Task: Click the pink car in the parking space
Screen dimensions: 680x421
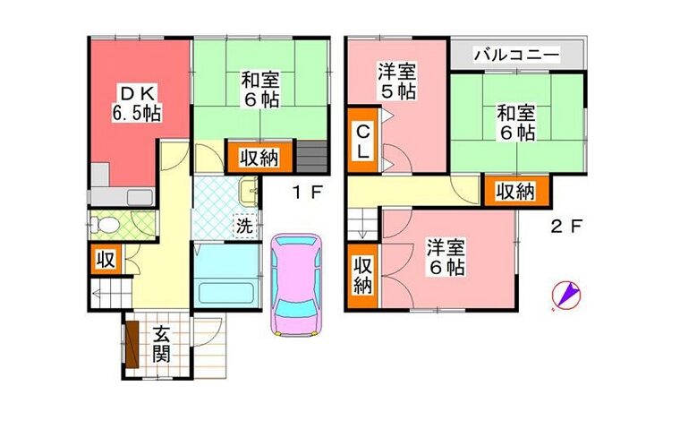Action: click(297, 285)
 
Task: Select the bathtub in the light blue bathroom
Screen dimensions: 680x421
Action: click(226, 295)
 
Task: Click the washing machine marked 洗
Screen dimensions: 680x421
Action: click(246, 226)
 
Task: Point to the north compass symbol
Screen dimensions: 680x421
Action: click(566, 295)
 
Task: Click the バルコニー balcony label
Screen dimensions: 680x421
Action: click(516, 56)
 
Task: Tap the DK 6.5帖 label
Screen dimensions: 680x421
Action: click(137, 104)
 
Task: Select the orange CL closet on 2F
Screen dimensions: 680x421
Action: click(363, 141)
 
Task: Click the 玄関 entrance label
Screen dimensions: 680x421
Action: click(161, 346)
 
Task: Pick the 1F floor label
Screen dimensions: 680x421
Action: click(308, 193)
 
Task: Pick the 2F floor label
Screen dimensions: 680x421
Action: click(565, 226)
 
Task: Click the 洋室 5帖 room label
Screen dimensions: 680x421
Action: click(397, 82)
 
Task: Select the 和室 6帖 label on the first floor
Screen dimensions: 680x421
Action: click(260, 90)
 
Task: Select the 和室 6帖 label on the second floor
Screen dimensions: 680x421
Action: click(515, 123)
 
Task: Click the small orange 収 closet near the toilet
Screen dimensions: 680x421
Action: click(106, 260)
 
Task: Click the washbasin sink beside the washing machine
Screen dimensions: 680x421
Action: click(248, 191)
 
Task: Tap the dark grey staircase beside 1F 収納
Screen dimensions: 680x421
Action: click(311, 157)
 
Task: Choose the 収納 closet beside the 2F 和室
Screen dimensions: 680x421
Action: click(516, 192)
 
